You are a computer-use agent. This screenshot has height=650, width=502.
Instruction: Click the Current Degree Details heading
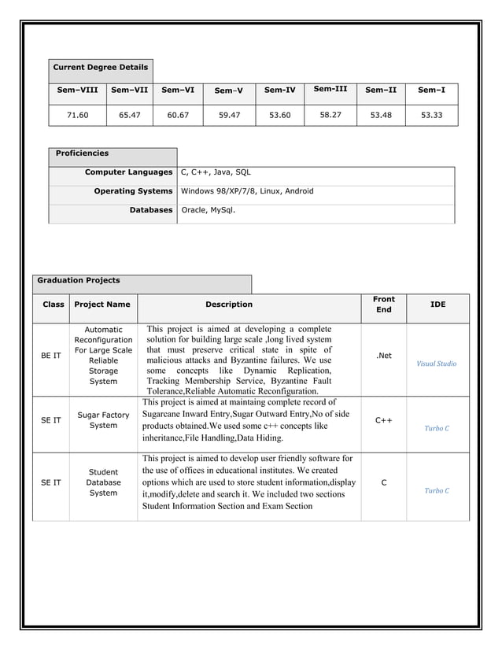(x=100, y=68)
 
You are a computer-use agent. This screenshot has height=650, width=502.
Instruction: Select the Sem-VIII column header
(x=77, y=90)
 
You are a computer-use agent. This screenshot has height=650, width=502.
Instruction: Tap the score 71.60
(x=77, y=115)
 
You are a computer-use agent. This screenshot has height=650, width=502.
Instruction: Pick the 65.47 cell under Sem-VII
(x=129, y=115)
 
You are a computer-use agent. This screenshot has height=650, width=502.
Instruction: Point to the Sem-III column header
(x=330, y=89)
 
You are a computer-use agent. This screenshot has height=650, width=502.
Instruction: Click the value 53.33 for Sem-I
(x=431, y=115)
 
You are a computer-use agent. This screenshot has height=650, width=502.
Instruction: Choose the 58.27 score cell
(x=330, y=115)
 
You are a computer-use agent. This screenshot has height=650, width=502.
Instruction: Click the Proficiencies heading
(x=82, y=153)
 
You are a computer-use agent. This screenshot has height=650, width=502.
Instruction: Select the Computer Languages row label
(x=128, y=172)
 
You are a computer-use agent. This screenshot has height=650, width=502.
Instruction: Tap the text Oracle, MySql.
(x=209, y=210)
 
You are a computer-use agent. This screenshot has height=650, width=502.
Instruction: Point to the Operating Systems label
(x=133, y=191)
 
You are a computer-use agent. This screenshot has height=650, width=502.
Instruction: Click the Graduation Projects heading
(x=79, y=280)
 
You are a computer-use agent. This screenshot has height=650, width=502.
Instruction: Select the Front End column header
(x=383, y=305)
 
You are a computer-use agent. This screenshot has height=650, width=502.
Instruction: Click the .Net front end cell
(x=383, y=356)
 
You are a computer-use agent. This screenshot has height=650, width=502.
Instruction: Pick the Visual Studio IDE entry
(x=436, y=364)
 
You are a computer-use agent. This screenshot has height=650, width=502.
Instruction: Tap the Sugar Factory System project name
(x=103, y=420)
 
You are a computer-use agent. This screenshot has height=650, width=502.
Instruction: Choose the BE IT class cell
(x=51, y=356)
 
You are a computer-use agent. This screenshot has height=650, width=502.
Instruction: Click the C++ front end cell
(x=383, y=420)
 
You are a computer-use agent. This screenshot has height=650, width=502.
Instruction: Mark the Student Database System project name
(x=103, y=482)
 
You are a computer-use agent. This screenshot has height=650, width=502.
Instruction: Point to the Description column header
(x=229, y=305)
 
